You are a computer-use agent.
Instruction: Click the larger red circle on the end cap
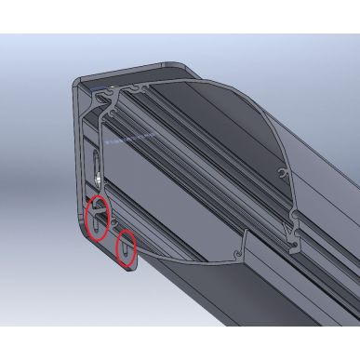(x=96, y=220)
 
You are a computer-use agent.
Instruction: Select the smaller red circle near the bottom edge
(x=126, y=247)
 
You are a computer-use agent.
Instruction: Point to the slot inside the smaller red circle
(x=125, y=248)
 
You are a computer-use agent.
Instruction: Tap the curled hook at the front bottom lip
(x=245, y=249)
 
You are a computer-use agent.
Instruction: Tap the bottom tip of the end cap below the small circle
(x=131, y=266)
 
